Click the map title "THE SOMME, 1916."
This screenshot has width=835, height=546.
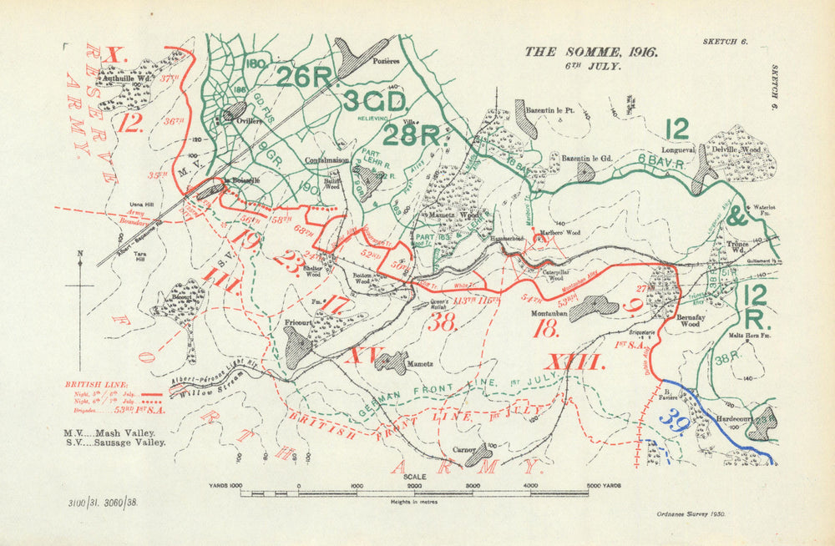pyautogui.click(x=590, y=52)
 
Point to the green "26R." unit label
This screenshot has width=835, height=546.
pyautogui.click(x=305, y=77)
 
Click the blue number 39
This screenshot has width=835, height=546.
pyautogui.click(x=675, y=424)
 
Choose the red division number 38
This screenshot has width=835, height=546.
pyautogui.click(x=443, y=322)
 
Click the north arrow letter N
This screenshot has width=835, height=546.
pyautogui.click(x=79, y=255)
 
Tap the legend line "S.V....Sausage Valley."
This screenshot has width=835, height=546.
pyautogui.click(x=114, y=442)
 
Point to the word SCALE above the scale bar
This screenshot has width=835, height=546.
pyautogui.click(x=415, y=477)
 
